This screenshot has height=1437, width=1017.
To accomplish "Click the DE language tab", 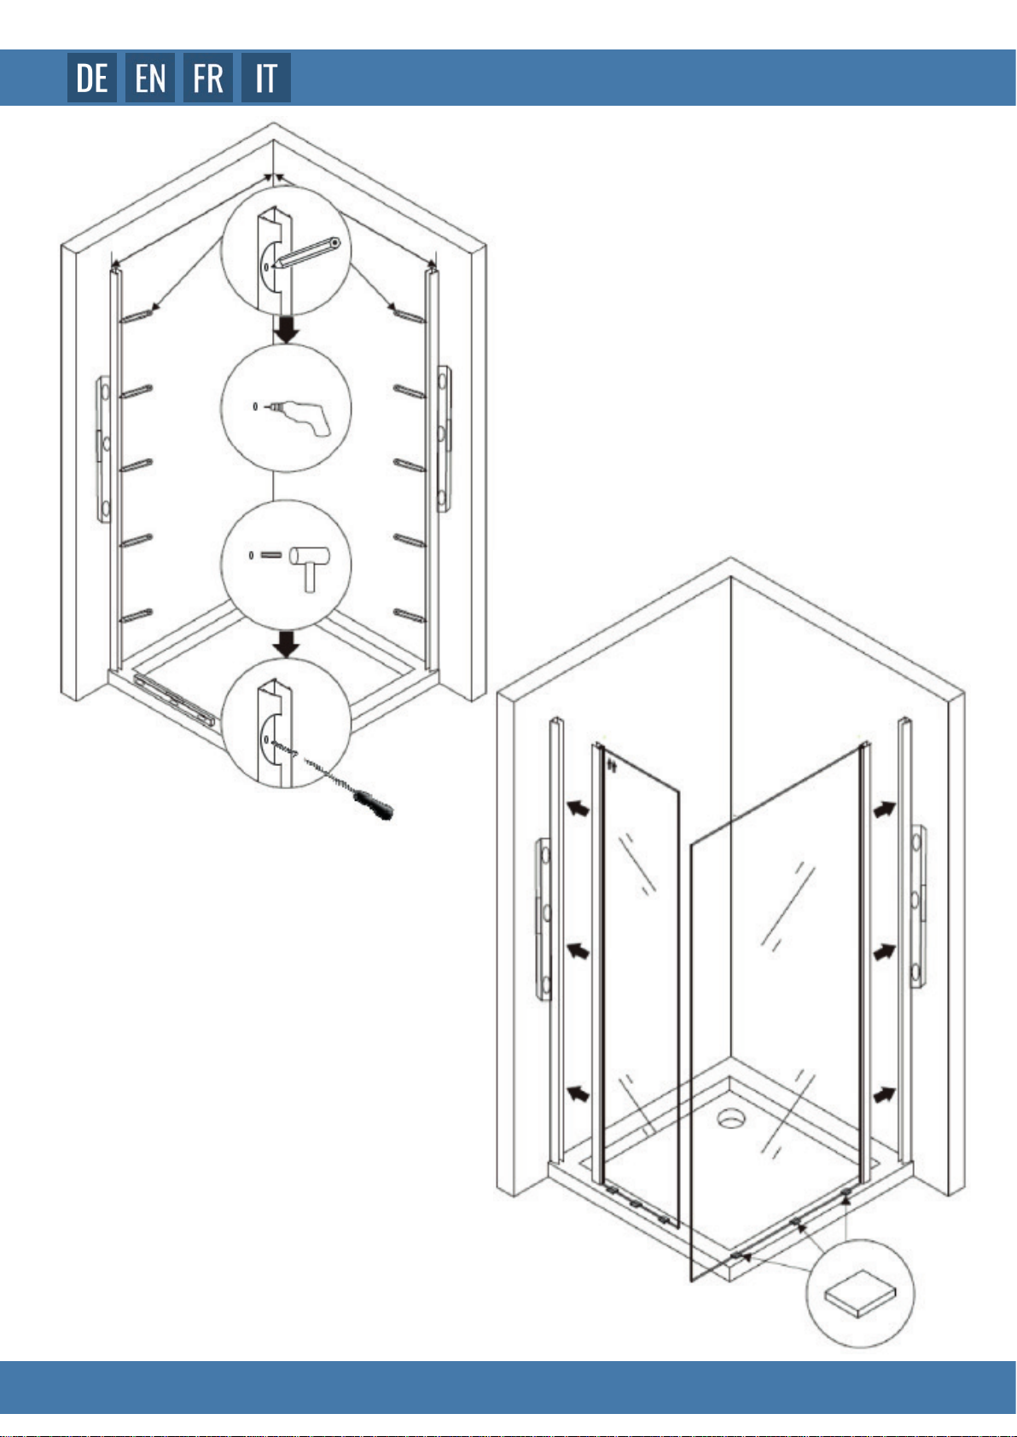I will (92, 78).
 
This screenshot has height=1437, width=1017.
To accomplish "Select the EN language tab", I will (150, 78).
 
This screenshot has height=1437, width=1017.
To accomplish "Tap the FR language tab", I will (208, 78).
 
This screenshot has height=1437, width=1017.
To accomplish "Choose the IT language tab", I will (266, 78).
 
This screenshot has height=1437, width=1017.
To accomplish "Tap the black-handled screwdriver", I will (374, 803).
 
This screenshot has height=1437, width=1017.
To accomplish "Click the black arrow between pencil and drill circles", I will (287, 327).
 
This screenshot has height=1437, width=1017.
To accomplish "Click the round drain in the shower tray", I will (730, 1116).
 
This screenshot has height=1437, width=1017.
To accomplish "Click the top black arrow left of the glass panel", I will (579, 808).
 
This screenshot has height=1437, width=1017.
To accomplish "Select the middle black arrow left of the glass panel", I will (579, 950).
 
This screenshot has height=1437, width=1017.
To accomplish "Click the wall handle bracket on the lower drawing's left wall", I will (543, 918).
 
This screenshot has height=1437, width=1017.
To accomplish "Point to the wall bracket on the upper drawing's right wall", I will (444, 438).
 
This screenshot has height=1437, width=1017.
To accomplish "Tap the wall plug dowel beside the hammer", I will (271, 555).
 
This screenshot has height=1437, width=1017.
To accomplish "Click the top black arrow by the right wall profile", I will (884, 808).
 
